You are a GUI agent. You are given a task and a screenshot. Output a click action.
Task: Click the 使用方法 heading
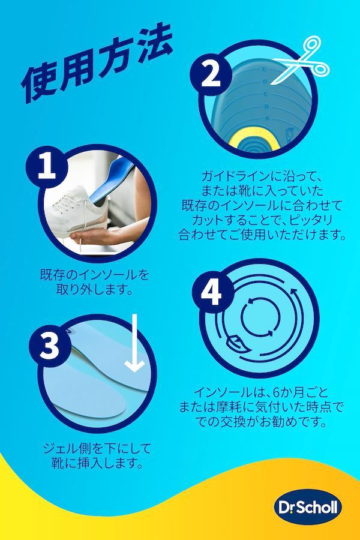pos(97,61)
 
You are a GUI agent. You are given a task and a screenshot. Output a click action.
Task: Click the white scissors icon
pos(301,61)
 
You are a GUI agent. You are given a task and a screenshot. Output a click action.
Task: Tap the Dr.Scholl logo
pos(308,508)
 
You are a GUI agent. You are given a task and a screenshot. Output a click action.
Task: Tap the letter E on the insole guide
pos(264,69)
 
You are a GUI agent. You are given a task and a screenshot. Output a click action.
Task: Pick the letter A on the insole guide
pos(267,118)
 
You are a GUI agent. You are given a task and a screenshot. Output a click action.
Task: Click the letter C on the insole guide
pos(266,94)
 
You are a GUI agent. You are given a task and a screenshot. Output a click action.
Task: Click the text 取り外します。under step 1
pos(95,290)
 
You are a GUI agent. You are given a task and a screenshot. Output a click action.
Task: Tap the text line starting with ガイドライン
pos(262,176)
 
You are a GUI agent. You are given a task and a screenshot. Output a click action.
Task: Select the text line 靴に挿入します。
pos(97,463)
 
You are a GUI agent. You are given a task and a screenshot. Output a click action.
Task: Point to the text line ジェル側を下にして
pos(97,448)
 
